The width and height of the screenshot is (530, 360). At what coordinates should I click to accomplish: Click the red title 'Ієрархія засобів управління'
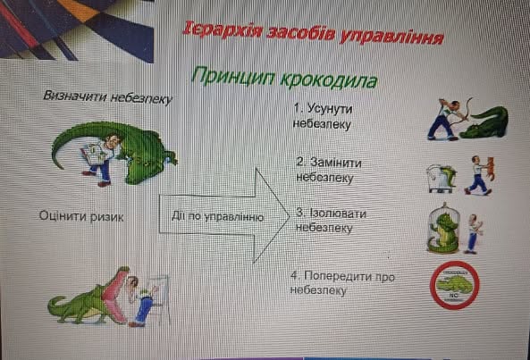tap(313, 34)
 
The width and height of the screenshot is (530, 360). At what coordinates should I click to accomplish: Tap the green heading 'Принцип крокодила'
tap(284, 78)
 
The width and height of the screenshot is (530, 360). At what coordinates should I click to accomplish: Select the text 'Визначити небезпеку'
tap(108, 97)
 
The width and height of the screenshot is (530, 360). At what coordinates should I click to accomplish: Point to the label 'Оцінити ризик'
tap(81, 216)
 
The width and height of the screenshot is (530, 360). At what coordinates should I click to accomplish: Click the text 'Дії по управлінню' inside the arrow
tap(217, 216)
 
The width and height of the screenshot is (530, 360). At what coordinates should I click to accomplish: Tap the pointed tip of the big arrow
tap(290, 216)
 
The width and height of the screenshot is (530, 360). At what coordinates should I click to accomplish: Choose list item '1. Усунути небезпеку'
tap(323, 116)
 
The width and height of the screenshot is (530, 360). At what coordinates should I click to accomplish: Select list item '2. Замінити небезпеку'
tap(329, 170)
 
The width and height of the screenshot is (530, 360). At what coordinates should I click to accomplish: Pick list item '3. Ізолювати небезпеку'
tap(331, 221)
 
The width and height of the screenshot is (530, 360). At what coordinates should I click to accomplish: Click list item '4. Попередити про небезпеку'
tap(342, 283)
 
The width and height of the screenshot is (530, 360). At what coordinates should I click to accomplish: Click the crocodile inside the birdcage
tap(442, 233)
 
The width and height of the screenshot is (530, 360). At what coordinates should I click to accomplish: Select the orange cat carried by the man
tap(490, 168)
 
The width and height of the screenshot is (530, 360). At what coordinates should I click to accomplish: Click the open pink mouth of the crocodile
tap(115, 297)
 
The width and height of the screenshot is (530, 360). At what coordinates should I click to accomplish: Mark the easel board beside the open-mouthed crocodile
tap(162, 297)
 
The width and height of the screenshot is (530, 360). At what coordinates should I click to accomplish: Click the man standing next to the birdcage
tap(473, 234)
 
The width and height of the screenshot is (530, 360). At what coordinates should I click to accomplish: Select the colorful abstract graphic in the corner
tap(77, 29)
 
